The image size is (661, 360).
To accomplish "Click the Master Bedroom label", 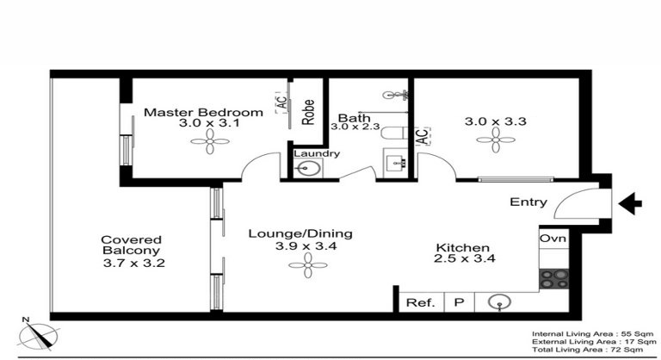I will tap(203, 113).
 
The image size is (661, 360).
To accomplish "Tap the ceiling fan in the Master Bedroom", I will tap(210, 146).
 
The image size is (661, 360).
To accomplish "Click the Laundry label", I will tap(317, 154).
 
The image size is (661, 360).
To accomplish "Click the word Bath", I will tap(353, 118).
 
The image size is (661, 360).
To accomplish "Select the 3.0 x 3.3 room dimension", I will tap(494, 121).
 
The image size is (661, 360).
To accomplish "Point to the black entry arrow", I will tap(632, 203).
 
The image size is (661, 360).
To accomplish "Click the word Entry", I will tap(528, 202).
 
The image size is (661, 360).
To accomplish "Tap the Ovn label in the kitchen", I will tap(551, 238).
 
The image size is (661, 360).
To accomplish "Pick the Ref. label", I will tap(419, 302).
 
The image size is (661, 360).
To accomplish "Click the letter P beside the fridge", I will tap(459, 302).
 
